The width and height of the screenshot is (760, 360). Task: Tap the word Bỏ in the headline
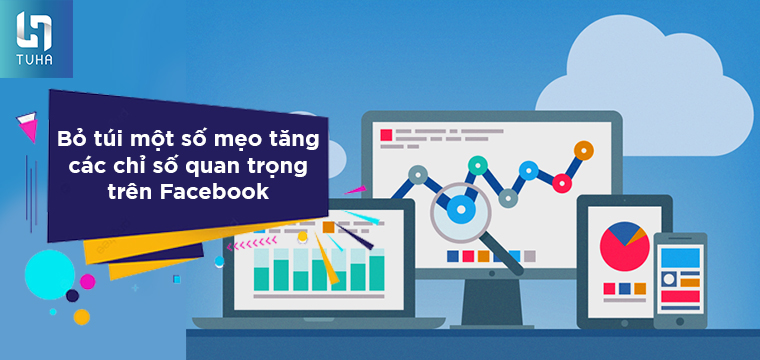pos(67,136)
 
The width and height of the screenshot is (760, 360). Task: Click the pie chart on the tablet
pos(622,244)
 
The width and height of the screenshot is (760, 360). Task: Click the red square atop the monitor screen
pos(385,134)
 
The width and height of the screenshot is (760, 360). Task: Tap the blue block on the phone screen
pos(680,258)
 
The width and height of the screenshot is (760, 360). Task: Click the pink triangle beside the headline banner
pos(27,125)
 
